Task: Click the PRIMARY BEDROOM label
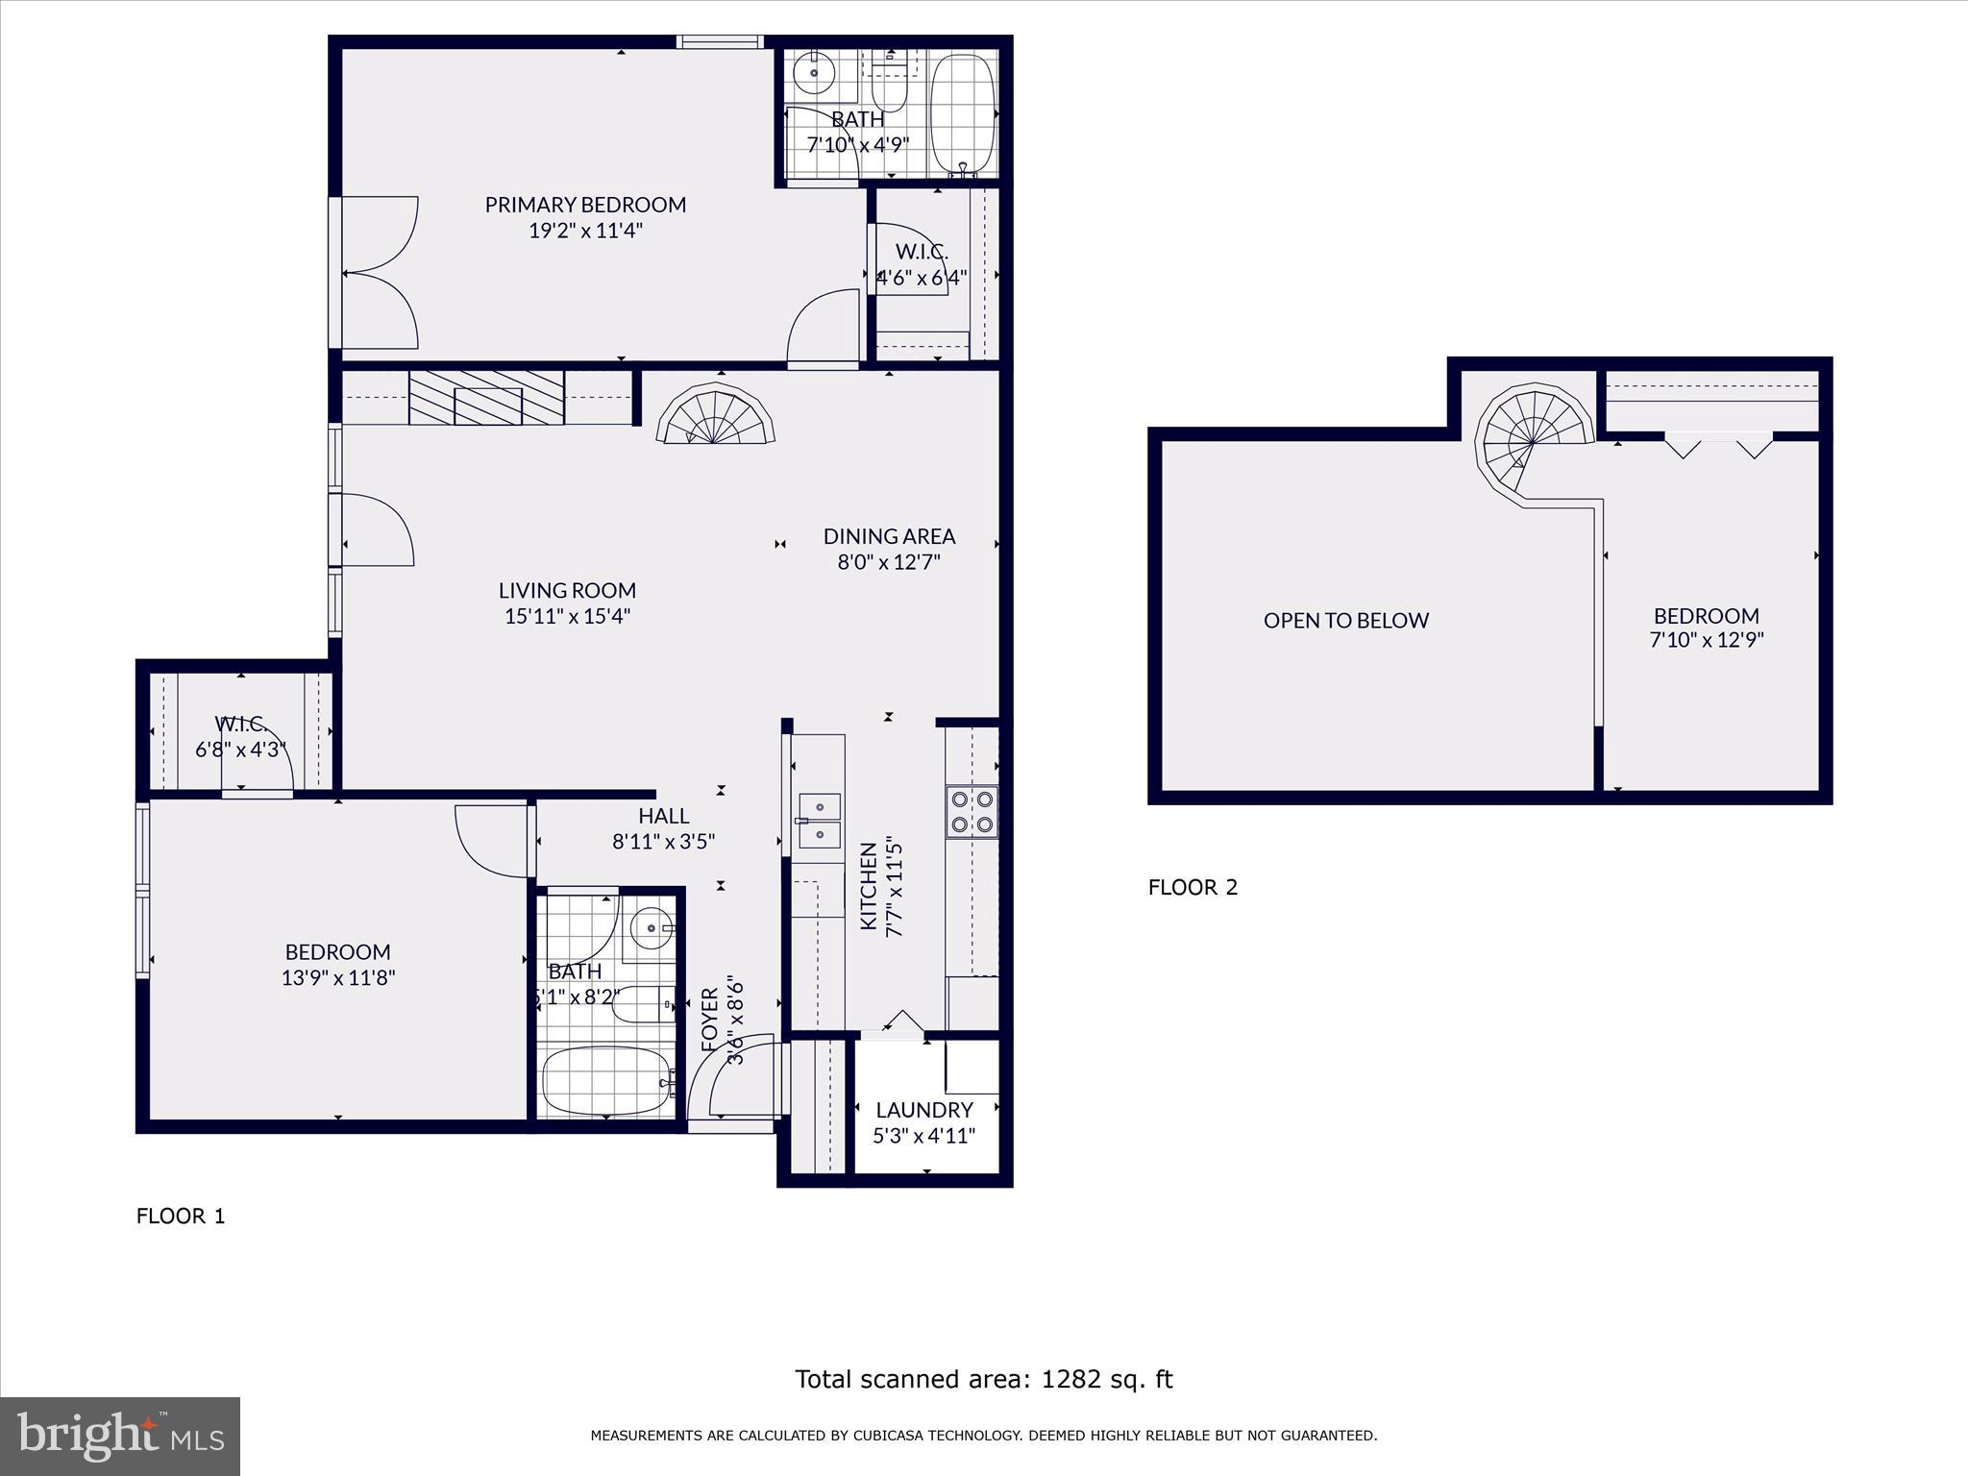pyautogui.click(x=585, y=205)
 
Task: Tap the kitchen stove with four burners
pyautogui.click(x=972, y=811)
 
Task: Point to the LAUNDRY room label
pyautogui.click(x=923, y=1110)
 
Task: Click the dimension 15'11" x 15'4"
pyautogui.click(x=567, y=616)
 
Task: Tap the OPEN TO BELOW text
pyautogui.click(x=1345, y=621)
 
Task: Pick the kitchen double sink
pyautogui.click(x=819, y=821)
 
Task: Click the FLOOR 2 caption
pyautogui.click(x=1193, y=887)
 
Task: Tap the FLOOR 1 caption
pyautogui.click(x=181, y=1216)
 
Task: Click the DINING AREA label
pyautogui.click(x=889, y=536)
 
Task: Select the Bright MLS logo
pyautogui.click(x=120, y=1436)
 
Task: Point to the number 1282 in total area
pyautogui.click(x=1070, y=1379)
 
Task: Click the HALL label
pyautogui.click(x=663, y=816)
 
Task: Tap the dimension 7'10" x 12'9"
pyautogui.click(x=1706, y=640)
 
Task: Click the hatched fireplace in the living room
pyautogui.click(x=486, y=398)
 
